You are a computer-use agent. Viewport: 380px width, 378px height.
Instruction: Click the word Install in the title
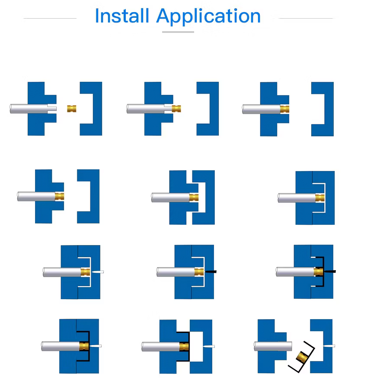pos(122,16)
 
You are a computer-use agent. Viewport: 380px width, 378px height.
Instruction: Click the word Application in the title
pos(208,17)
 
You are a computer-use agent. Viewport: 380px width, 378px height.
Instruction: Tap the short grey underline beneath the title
pos(178,32)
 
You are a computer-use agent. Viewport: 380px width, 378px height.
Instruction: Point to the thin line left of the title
pos(50,18)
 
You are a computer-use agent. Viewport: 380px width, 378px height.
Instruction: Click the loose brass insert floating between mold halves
pos(72,109)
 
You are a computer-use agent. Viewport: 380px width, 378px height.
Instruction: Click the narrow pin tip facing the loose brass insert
pos(52,109)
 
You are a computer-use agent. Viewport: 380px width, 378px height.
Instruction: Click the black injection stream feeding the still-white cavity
pos(211,271)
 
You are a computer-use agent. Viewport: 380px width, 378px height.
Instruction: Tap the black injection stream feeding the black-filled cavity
pos(329,271)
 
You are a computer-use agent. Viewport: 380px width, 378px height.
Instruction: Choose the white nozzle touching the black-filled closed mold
pos(96,346)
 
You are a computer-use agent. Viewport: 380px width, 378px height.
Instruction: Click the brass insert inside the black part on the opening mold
pos(184,346)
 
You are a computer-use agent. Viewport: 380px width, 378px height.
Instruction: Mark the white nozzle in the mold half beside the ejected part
pos(329,346)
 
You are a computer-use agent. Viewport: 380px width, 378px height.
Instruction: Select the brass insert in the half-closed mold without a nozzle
pos(194,197)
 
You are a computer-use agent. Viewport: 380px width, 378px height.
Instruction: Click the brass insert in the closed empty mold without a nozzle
pos(320,198)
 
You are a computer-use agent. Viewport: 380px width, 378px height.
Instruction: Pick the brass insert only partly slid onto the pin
pos(176,109)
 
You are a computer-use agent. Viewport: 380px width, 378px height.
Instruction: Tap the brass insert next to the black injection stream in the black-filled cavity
pos(319,271)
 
